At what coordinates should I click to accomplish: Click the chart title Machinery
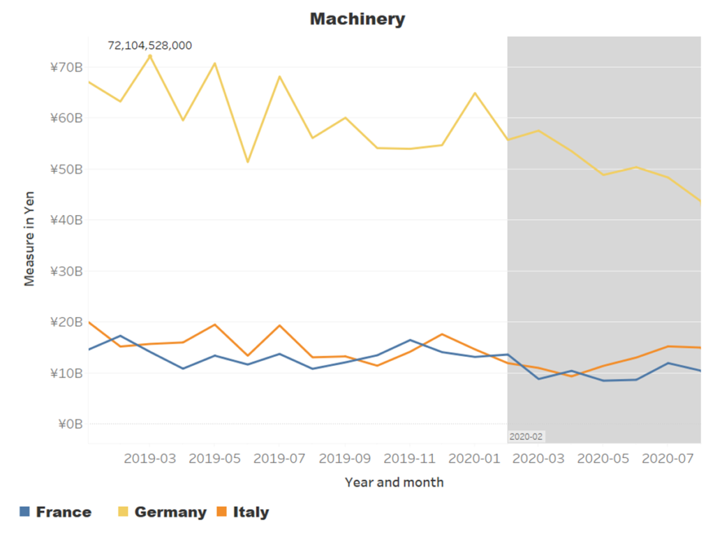click(357, 19)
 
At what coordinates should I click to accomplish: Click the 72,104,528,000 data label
click(149, 45)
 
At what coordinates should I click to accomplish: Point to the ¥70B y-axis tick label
click(66, 68)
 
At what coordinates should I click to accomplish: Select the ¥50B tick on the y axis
click(66, 169)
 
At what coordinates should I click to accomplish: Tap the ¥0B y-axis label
click(71, 425)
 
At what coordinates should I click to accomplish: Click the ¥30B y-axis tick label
click(66, 271)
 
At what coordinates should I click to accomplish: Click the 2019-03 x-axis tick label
click(149, 458)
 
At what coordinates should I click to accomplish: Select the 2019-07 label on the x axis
click(279, 458)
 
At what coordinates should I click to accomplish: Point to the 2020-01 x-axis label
click(474, 458)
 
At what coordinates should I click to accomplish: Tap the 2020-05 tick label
click(603, 458)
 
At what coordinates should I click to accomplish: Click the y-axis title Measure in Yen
click(29, 239)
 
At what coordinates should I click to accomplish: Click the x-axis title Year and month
click(394, 483)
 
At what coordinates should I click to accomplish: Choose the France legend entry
click(56, 512)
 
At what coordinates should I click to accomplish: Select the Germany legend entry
click(162, 512)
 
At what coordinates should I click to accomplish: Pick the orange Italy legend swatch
click(221, 511)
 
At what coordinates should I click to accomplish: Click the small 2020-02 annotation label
click(526, 436)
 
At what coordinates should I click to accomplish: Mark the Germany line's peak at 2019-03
click(149, 56)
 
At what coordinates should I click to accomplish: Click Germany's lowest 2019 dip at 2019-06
click(248, 162)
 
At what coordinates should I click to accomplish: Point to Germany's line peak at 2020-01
click(475, 93)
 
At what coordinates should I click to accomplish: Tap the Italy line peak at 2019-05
click(214, 325)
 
